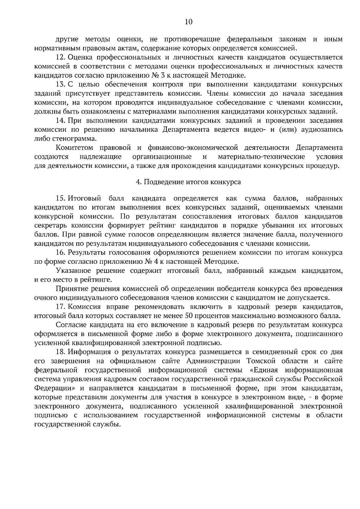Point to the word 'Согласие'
click(x=70, y=325)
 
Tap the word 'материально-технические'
click(x=261, y=157)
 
